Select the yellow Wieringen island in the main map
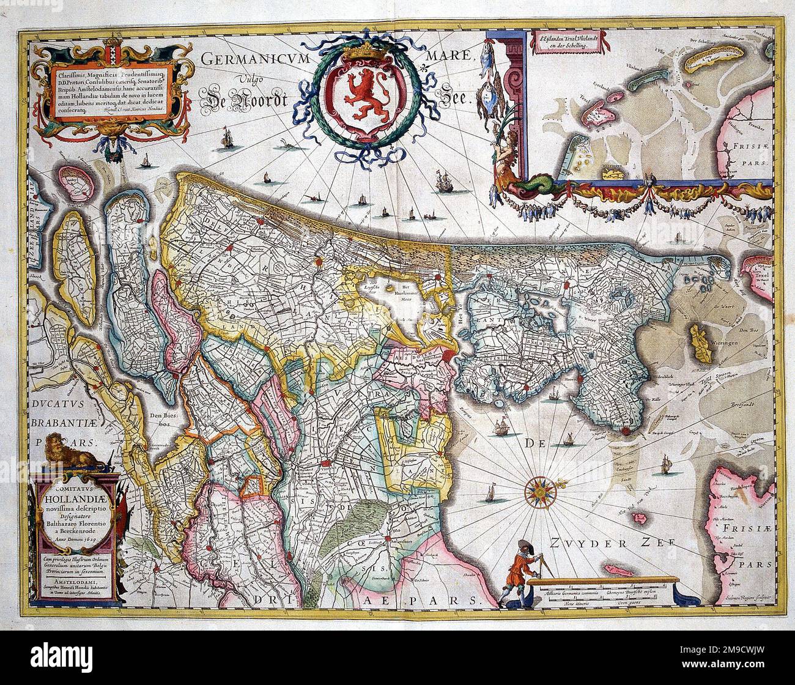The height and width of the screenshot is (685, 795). tap(698, 341)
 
